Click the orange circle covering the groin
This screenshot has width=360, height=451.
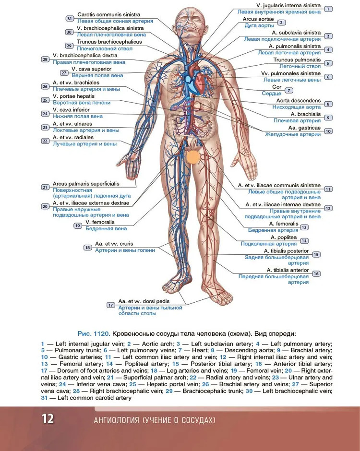coord(193,158)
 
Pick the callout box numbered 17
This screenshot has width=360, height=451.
coord(110,305)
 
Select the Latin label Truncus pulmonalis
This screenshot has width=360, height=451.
coord(297,60)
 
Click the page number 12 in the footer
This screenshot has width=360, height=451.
coord(48,418)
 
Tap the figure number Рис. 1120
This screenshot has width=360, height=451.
coord(94,333)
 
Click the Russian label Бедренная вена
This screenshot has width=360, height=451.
coord(106,229)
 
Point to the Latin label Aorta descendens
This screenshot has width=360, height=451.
coord(298,101)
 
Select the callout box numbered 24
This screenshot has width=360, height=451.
coord(45,114)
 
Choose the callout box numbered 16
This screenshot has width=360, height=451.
coord(316,273)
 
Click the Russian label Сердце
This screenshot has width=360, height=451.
coord(282,94)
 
